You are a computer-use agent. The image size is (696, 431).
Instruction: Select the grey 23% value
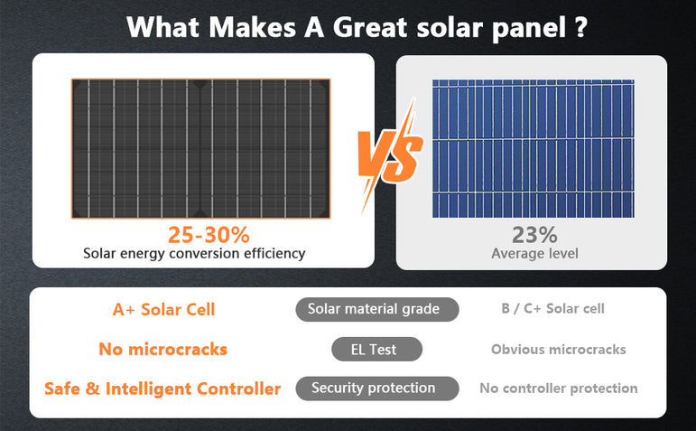(x=534, y=235)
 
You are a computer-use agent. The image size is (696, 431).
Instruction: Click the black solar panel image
(x=201, y=148)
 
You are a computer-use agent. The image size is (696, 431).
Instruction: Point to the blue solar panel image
(x=534, y=148)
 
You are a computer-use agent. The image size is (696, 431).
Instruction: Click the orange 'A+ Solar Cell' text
(x=163, y=309)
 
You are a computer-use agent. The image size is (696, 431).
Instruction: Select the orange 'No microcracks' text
(x=162, y=349)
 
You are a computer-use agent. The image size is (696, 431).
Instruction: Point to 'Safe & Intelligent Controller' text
(x=162, y=389)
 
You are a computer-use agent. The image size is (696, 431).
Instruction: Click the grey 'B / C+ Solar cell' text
(x=552, y=309)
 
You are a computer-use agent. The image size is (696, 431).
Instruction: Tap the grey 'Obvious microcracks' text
(x=558, y=349)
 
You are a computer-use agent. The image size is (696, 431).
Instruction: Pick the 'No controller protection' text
(x=558, y=389)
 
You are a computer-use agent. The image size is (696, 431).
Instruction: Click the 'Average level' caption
(x=534, y=254)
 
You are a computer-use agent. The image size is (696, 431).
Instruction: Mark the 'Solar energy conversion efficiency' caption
(x=194, y=254)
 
